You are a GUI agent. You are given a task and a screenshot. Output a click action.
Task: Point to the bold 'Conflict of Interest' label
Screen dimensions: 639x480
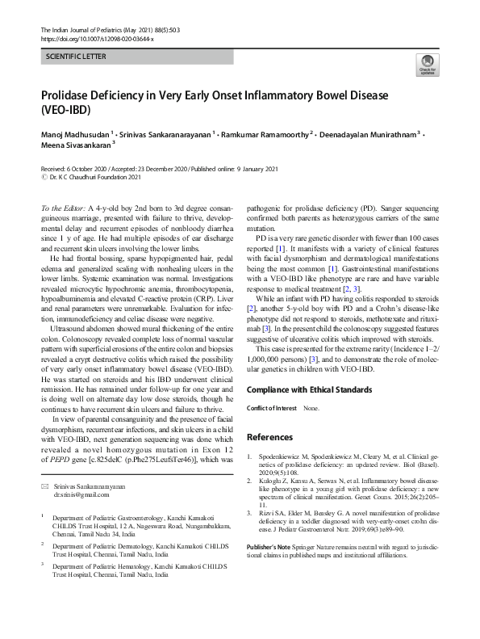click(x=270, y=410)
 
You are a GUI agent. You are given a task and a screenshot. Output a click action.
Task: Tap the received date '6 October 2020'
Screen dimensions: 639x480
click(x=90, y=168)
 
